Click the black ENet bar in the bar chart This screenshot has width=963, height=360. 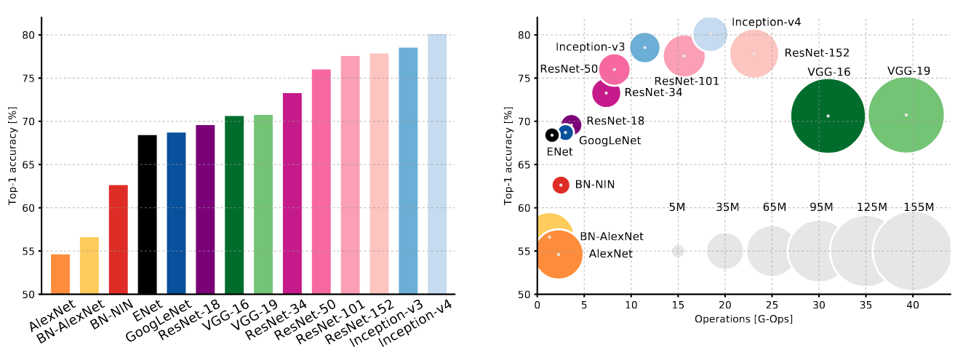(148, 215)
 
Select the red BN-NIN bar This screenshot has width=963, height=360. (119, 240)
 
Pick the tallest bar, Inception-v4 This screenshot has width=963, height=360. (437, 164)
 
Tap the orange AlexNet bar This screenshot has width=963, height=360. (60, 274)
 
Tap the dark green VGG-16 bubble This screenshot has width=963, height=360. (828, 116)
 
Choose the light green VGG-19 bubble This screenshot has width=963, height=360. (906, 115)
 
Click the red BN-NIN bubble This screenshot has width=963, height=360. (561, 185)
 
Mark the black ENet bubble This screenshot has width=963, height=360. (552, 135)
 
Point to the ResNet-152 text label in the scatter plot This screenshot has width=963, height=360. (817, 53)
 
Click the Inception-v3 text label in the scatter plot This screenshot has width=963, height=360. (590, 47)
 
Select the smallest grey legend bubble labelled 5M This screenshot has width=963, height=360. (678, 251)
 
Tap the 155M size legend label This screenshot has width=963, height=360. (919, 207)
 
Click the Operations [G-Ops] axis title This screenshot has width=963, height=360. (743, 319)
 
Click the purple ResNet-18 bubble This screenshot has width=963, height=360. (572, 124)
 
